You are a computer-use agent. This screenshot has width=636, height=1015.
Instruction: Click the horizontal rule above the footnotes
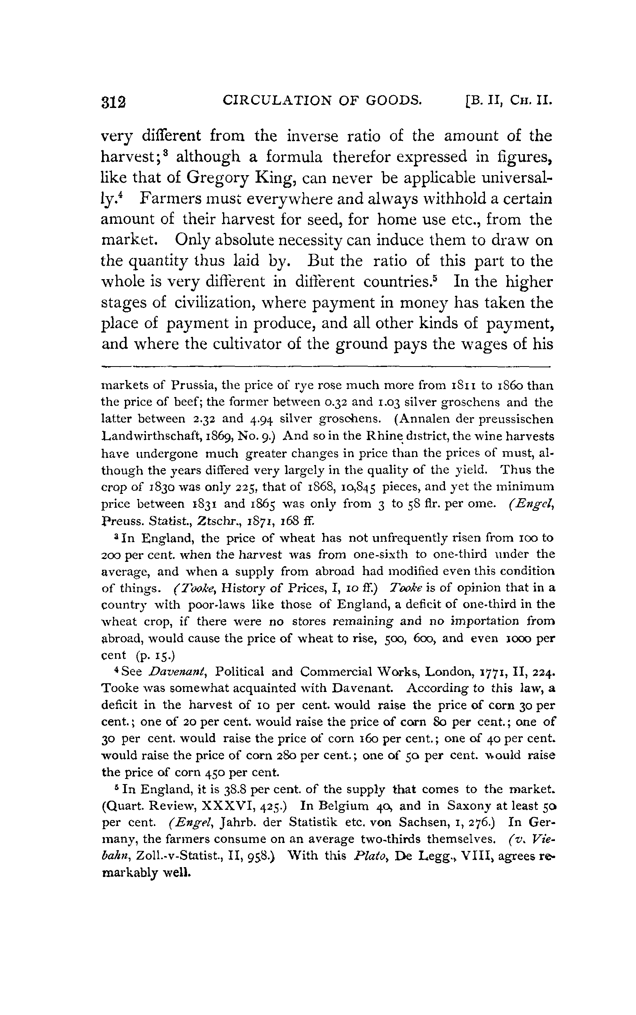[x=326, y=366]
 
